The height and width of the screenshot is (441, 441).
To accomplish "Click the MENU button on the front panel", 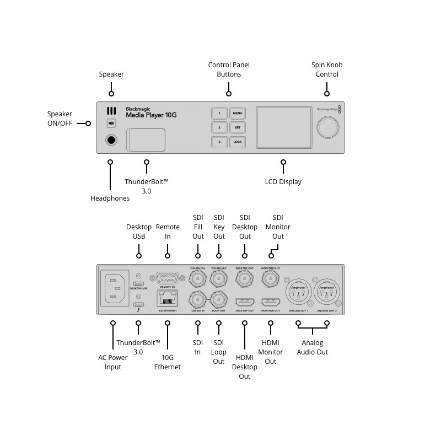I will pyautogui.click(x=238, y=114).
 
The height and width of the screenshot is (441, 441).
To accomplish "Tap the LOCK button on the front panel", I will pyautogui.click(x=238, y=142).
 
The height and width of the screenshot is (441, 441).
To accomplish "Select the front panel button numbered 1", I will pyautogui.click(x=219, y=114).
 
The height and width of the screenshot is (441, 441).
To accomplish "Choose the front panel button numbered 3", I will pyautogui.click(x=219, y=142).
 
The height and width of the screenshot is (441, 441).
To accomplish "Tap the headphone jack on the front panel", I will pyautogui.click(x=111, y=140).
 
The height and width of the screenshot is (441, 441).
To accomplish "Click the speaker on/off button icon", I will pyautogui.click(x=111, y=123).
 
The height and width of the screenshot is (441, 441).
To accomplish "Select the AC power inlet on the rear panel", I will pyautogui.click(x=115, y=289).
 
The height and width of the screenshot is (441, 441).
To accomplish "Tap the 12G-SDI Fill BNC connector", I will pyautogui.click(x=197, y=280).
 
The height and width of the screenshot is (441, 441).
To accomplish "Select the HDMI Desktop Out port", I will pyautogui.click(x=244, y=302).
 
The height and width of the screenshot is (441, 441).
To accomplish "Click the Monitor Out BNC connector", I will pyautogui.click(x=270, y=280).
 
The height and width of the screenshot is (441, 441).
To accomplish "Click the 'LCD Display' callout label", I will pyautogui.click(x=283, y=182).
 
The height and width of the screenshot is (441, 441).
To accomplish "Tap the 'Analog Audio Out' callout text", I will pyautogui.click(x=313, y=347).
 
